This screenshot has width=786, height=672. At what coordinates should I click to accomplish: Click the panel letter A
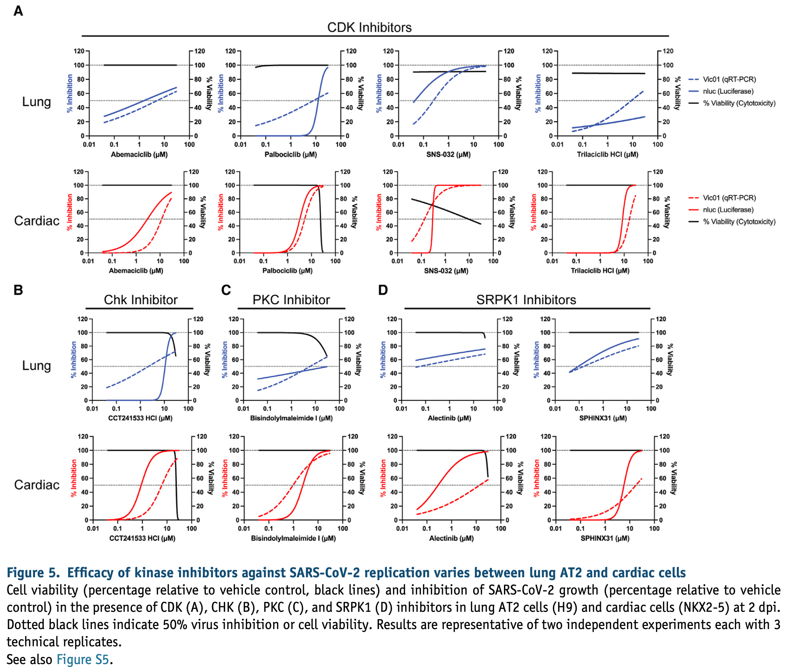pos(18,10)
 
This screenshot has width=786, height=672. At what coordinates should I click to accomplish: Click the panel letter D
pos(383,290)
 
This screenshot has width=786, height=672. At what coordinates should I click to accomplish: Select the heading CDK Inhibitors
pos(369,28)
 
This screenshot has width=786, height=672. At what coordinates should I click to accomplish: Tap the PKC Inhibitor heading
pos(291,300)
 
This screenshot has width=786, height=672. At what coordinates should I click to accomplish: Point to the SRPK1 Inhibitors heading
pos(526,300)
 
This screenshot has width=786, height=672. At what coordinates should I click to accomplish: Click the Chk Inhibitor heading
pos(140,300)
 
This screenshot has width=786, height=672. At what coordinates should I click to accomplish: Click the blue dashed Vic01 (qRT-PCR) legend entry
pos(729,79)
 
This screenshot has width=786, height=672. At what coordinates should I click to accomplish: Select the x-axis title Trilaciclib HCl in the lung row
pos(607,154)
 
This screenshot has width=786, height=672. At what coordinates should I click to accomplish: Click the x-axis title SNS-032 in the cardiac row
pos(446,271)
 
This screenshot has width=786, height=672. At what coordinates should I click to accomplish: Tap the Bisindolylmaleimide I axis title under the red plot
pos(293,538)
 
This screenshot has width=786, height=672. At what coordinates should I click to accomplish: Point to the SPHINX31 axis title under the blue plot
pos(603,418)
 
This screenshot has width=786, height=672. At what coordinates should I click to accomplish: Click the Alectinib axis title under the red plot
pos(451,538)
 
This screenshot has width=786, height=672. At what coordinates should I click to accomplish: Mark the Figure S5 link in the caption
pos(83,659)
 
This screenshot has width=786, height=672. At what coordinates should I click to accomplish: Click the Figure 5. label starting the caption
pos(33,573)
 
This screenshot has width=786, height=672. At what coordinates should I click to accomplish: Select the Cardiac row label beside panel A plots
pos(37,221)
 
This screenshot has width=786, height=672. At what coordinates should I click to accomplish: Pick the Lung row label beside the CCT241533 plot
pos(36,365)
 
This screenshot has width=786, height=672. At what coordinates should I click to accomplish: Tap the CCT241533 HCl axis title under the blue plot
pos(140,418)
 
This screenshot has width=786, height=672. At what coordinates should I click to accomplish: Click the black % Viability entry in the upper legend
pos(739,103)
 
